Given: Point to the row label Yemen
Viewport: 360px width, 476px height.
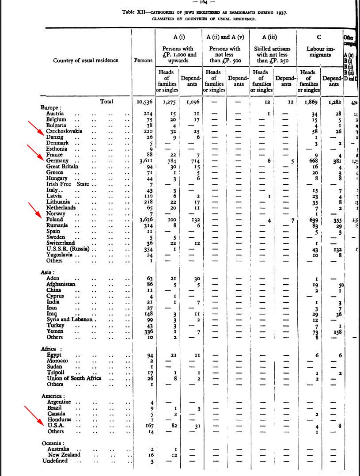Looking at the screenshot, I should [x=55, y=331].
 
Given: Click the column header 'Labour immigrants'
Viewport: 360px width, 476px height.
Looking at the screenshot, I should [x=319, y=52].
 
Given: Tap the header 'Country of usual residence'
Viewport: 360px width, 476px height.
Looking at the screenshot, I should [x=85, y=60].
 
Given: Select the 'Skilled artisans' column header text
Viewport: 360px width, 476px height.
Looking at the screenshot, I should [x=273, y=49].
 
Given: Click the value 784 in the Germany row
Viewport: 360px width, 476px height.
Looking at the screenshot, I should [x=169, y=161].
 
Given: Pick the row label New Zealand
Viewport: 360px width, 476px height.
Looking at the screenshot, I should [x=64, y=454].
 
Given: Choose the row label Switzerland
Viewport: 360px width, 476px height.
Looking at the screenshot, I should [x=61, y=243].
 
